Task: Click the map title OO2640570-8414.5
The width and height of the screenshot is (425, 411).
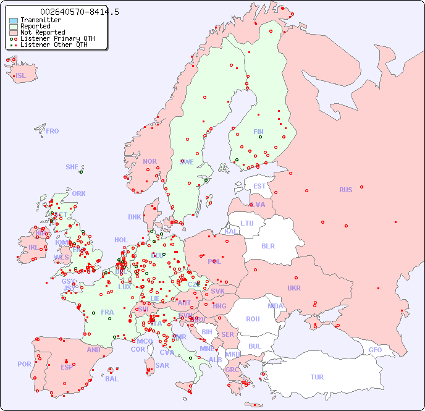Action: click(79, 12)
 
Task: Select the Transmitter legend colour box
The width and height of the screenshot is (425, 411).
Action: click(14, 20)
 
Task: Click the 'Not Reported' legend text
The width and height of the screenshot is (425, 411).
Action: click(43, 32)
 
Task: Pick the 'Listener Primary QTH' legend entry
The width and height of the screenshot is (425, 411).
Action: click(57, 38)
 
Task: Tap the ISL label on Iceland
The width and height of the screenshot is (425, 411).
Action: click(21, 76)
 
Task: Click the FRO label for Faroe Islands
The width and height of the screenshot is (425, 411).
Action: click(53, 131)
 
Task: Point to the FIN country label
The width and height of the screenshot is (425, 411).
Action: click(258, 132)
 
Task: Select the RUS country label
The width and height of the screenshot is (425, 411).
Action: click(345, 190)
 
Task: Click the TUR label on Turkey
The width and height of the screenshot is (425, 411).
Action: click(317, 377)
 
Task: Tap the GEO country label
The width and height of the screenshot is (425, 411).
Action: click(375, 350)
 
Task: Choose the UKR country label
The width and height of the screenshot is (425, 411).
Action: click(294, 288)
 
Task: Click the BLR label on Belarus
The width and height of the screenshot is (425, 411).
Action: click(267, 245)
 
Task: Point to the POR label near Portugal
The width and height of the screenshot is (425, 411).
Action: click(24, 364)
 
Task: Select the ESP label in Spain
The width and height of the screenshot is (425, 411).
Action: click(67, 367)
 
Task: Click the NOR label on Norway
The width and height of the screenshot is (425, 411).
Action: click(149, 161)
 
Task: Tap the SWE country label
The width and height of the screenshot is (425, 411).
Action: click(187, 162)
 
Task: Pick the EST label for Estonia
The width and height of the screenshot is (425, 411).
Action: click(259, 186)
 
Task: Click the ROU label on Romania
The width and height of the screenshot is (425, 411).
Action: click(253, 319)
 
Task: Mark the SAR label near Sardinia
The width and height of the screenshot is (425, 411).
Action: click(162, 365)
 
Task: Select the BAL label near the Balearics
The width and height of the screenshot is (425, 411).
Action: click(112, 379)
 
